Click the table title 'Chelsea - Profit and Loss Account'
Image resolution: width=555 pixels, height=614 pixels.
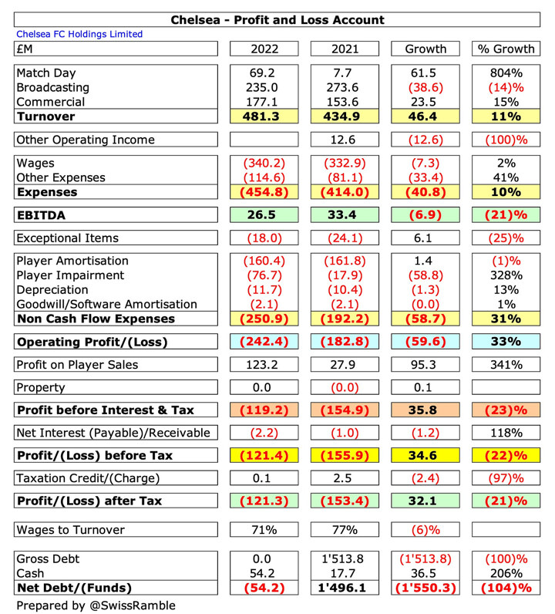pos(277,20)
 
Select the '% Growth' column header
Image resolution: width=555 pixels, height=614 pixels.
pos(505,49)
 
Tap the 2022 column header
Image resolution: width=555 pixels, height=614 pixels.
pos(264,49)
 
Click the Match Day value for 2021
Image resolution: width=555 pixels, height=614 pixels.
pos(345,73)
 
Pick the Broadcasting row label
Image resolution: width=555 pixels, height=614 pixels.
pos(52,87)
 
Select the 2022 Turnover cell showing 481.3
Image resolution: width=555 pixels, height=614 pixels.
pos(264,116)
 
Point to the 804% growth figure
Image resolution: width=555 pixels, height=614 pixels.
pos(505,73)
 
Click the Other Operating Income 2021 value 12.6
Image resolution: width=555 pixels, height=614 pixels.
pos(345,140)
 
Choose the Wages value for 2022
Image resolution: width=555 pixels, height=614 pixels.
pos(264,163)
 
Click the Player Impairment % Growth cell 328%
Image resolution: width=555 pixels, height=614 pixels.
pos(505,275)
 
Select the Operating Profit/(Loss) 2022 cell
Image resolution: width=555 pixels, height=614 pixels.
pos(264,342)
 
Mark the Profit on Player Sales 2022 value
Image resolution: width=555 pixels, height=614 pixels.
pos(264,365)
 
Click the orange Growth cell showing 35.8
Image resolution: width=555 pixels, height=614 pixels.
pos(425,410)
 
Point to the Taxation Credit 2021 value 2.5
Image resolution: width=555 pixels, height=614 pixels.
pos(345,479)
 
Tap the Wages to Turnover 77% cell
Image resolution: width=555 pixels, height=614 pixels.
pos(345,530)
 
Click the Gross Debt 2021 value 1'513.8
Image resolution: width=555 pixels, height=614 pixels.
pos(345,558)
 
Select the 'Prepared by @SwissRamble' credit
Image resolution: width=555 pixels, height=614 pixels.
pos(96,606)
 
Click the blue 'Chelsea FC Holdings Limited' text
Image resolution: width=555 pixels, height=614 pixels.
pos(79,35)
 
